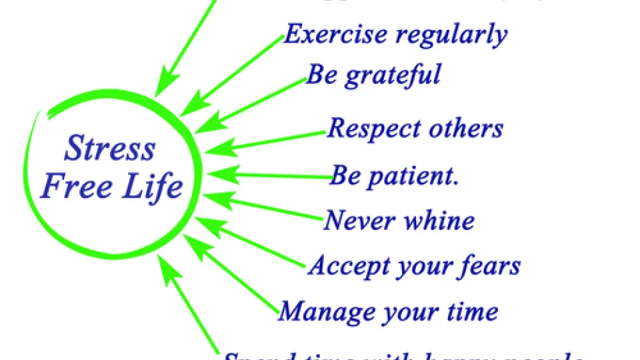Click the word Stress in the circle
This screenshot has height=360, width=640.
click(x=109, y=149)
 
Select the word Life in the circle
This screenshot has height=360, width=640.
click(x=151, y=187)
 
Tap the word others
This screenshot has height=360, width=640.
click(x=465, y=128)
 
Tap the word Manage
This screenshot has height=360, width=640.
click(x=321, y=311)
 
